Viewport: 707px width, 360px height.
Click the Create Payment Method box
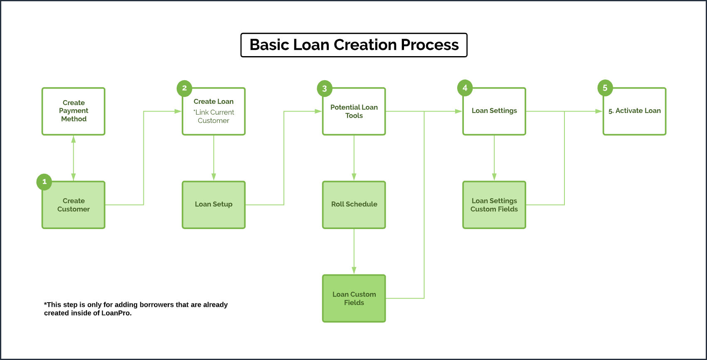point(74,111)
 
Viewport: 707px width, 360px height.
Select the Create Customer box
point(74,205)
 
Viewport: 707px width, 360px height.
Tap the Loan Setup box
point(214,205)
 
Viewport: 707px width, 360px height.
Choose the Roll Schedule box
point(354,205)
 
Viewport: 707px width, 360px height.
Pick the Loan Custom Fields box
point(354,298)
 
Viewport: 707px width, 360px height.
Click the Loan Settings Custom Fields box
point(494,205)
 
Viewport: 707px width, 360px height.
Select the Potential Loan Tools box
point(354,111)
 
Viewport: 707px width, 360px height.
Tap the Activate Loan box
point(634,111)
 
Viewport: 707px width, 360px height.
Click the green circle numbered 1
point(44,182)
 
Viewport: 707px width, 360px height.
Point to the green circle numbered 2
point(184,88)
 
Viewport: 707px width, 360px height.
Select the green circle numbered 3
point(325,89)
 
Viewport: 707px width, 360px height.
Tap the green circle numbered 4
point(465,88)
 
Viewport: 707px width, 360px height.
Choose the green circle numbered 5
point(605,88)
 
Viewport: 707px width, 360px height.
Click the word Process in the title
point(430,45)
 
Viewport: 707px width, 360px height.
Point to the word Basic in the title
point(270,45)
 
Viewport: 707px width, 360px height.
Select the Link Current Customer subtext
point(214,116)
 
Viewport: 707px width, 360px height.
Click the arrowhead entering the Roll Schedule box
point(354,177)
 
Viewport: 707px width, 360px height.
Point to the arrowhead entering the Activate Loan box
point(599,111)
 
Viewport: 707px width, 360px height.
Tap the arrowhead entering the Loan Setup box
point(214,177)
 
